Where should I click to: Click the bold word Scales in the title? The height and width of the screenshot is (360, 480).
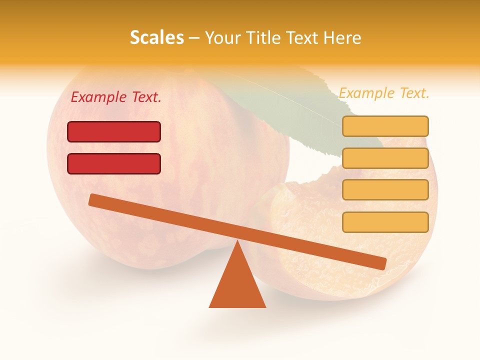pos(156,38)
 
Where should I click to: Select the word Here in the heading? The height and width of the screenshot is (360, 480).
pos(343,38)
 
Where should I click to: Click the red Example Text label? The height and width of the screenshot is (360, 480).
pos(116,97)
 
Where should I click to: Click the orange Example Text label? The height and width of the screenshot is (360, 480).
pos(384,93)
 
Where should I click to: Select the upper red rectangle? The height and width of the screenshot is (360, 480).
pos(114,131)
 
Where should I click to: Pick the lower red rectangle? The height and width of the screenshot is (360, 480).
pos(114,163)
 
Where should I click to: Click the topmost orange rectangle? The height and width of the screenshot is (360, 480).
pos(385,126)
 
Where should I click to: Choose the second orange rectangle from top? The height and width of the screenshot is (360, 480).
pos(385,158)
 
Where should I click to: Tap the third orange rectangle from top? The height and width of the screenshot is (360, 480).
pos(385,189)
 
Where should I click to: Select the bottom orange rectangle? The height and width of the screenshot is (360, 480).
pos(385,222)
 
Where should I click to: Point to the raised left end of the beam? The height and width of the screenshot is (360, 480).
pos(93,199)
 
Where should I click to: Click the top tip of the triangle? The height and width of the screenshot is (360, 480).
pos(238,242)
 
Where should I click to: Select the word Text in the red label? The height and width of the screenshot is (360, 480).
pos(146,97)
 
